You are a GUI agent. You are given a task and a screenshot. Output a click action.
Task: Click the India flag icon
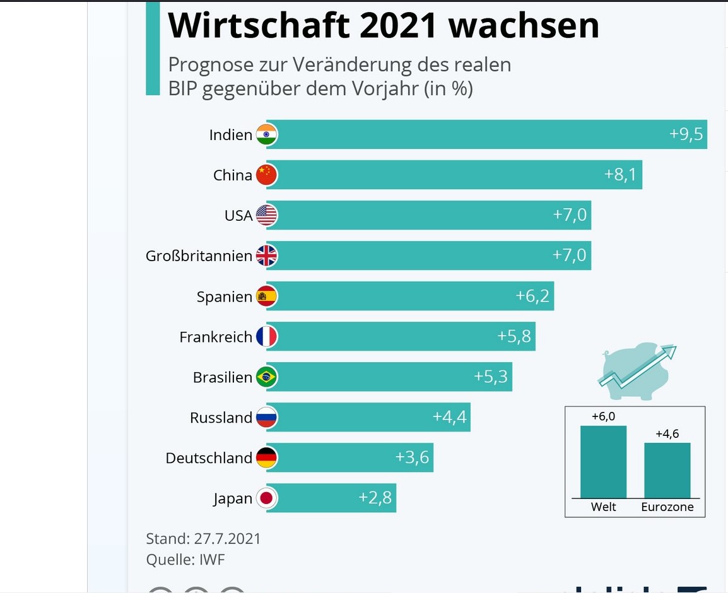pyautogui.click(x=266, y=134)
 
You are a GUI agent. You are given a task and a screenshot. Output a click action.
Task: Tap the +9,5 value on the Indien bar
pyautogui.click(x=686, y=134)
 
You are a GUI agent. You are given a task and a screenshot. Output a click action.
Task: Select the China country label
pyautogui.click(x=232, y=175)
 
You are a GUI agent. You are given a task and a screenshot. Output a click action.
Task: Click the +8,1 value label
pyautogui.click(x=620, y=175)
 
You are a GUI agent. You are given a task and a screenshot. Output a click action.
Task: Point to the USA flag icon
pyautogui.click(x=266, y=215)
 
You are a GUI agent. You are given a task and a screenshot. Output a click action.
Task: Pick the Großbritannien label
pyautogui.click(x=199, y=256)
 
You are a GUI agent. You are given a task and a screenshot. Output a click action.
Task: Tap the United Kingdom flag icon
pyautogui.click(x=266, y=255)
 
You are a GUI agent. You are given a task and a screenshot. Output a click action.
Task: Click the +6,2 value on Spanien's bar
pyautogui.click(x=532, y=296)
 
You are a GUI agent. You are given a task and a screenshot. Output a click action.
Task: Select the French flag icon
pyautogui.click(x=266, y=336)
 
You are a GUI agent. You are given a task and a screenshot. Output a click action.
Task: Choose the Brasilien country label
pyautogui.click(x=222, y=377)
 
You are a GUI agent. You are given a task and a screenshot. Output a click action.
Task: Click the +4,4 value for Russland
pyautogui.click(x=449, y=417)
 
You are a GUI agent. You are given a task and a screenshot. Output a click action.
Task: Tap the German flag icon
pyautogui.click(x=266, y=457)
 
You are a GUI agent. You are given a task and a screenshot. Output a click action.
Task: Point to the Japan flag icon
pyautogui.click(x=266, y=498)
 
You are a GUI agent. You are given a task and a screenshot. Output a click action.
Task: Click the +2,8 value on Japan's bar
pyautogui.click(x=375, y=498)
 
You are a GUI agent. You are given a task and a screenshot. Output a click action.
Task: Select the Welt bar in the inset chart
pyautogui.click(x=603, y=462)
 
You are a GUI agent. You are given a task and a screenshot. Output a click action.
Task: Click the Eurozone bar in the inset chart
pyautogui.click(x=667, y=470)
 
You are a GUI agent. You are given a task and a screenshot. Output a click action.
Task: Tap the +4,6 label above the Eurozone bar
pyautogui.click(x=667, y=434)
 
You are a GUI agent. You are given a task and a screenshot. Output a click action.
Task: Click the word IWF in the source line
pyautogui.click(x=211, y=560)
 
